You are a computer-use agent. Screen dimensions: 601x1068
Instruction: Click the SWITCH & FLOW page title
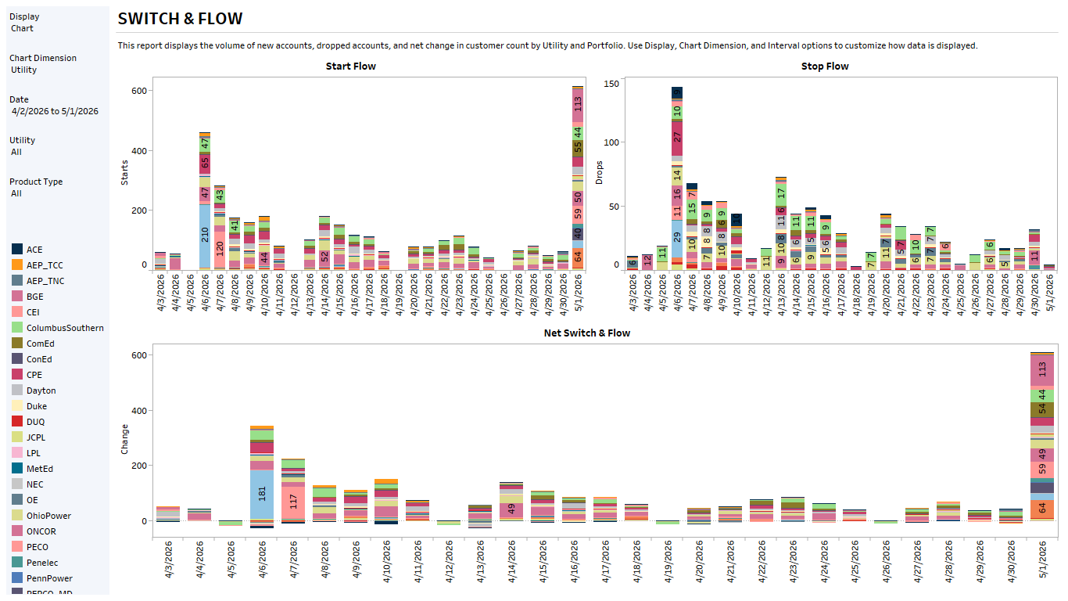point(180,19)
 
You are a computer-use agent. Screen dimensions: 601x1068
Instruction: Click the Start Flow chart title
point(350,67)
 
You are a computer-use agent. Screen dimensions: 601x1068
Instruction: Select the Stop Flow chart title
point(825,67)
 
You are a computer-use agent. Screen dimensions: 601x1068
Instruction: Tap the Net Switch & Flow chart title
point(586,333)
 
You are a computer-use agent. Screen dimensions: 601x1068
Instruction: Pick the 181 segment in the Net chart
point(262,494)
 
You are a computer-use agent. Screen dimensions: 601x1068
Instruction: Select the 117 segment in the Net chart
point(293,502)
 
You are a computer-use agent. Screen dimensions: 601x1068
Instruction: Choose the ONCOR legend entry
point(41,531)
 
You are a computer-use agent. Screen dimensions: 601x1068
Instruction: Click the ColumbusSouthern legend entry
point(64,328)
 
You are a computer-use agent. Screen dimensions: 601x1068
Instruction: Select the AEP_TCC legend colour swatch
point(17,265)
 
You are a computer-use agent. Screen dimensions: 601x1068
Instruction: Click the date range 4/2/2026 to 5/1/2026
point(55,111)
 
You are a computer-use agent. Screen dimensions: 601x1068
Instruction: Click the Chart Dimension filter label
point(43,58)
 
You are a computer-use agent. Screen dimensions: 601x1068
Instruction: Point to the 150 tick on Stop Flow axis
point(611,84)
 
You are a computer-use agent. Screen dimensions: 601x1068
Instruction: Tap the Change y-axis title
point(124,440)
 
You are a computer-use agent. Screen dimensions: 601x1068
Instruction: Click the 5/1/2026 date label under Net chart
point(1041,563)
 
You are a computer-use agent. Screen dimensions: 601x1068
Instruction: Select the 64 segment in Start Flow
point(578,257)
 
